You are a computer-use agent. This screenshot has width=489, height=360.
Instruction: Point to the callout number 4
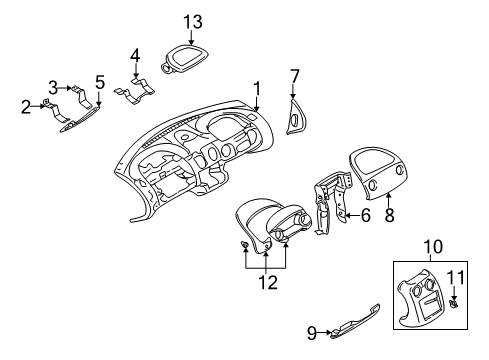point(136,56)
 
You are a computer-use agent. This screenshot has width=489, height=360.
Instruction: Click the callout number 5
point(99,80)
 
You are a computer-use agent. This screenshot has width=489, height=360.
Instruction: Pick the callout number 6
point(366,214)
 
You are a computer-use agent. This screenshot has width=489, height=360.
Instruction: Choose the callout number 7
point(294,74)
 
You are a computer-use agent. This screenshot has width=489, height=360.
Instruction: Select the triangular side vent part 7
point(297,118)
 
